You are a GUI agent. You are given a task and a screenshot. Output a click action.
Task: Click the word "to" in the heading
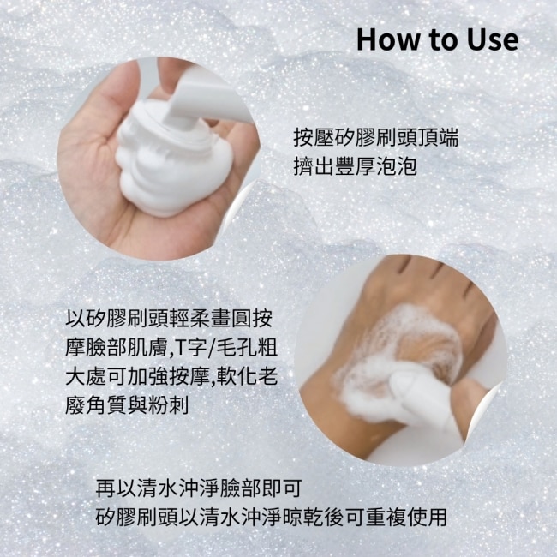tap(445, 39)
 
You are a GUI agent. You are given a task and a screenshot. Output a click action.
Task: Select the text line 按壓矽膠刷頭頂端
tap(376, 137)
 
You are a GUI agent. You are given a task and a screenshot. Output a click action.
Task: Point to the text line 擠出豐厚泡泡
tap(355, 165)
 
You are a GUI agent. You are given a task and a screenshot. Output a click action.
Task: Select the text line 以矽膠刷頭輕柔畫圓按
tap(169, 318)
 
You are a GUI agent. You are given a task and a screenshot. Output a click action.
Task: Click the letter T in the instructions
tap(180, 348)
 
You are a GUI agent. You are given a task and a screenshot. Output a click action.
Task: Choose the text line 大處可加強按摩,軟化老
tap(171, 376)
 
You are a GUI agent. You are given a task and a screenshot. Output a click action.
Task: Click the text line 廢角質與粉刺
tap(127, 404)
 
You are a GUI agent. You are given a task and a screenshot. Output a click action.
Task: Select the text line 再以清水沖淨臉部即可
tap(199, 488)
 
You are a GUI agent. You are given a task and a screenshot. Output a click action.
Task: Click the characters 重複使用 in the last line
tap(406, 518)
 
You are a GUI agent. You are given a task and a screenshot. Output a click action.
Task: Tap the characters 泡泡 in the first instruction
tap(397, 165)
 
